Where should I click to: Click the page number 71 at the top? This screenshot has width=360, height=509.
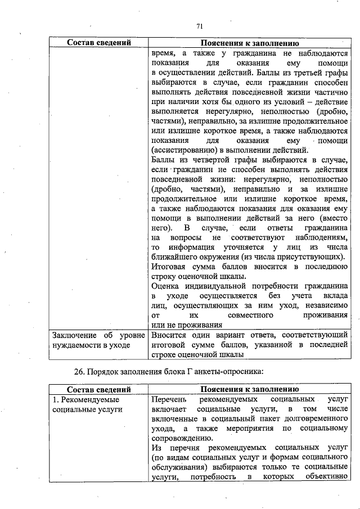[199, 26]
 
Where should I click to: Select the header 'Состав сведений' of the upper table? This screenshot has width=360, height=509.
[99, 43]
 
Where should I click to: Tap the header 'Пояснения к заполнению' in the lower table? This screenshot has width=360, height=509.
[249, 389]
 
